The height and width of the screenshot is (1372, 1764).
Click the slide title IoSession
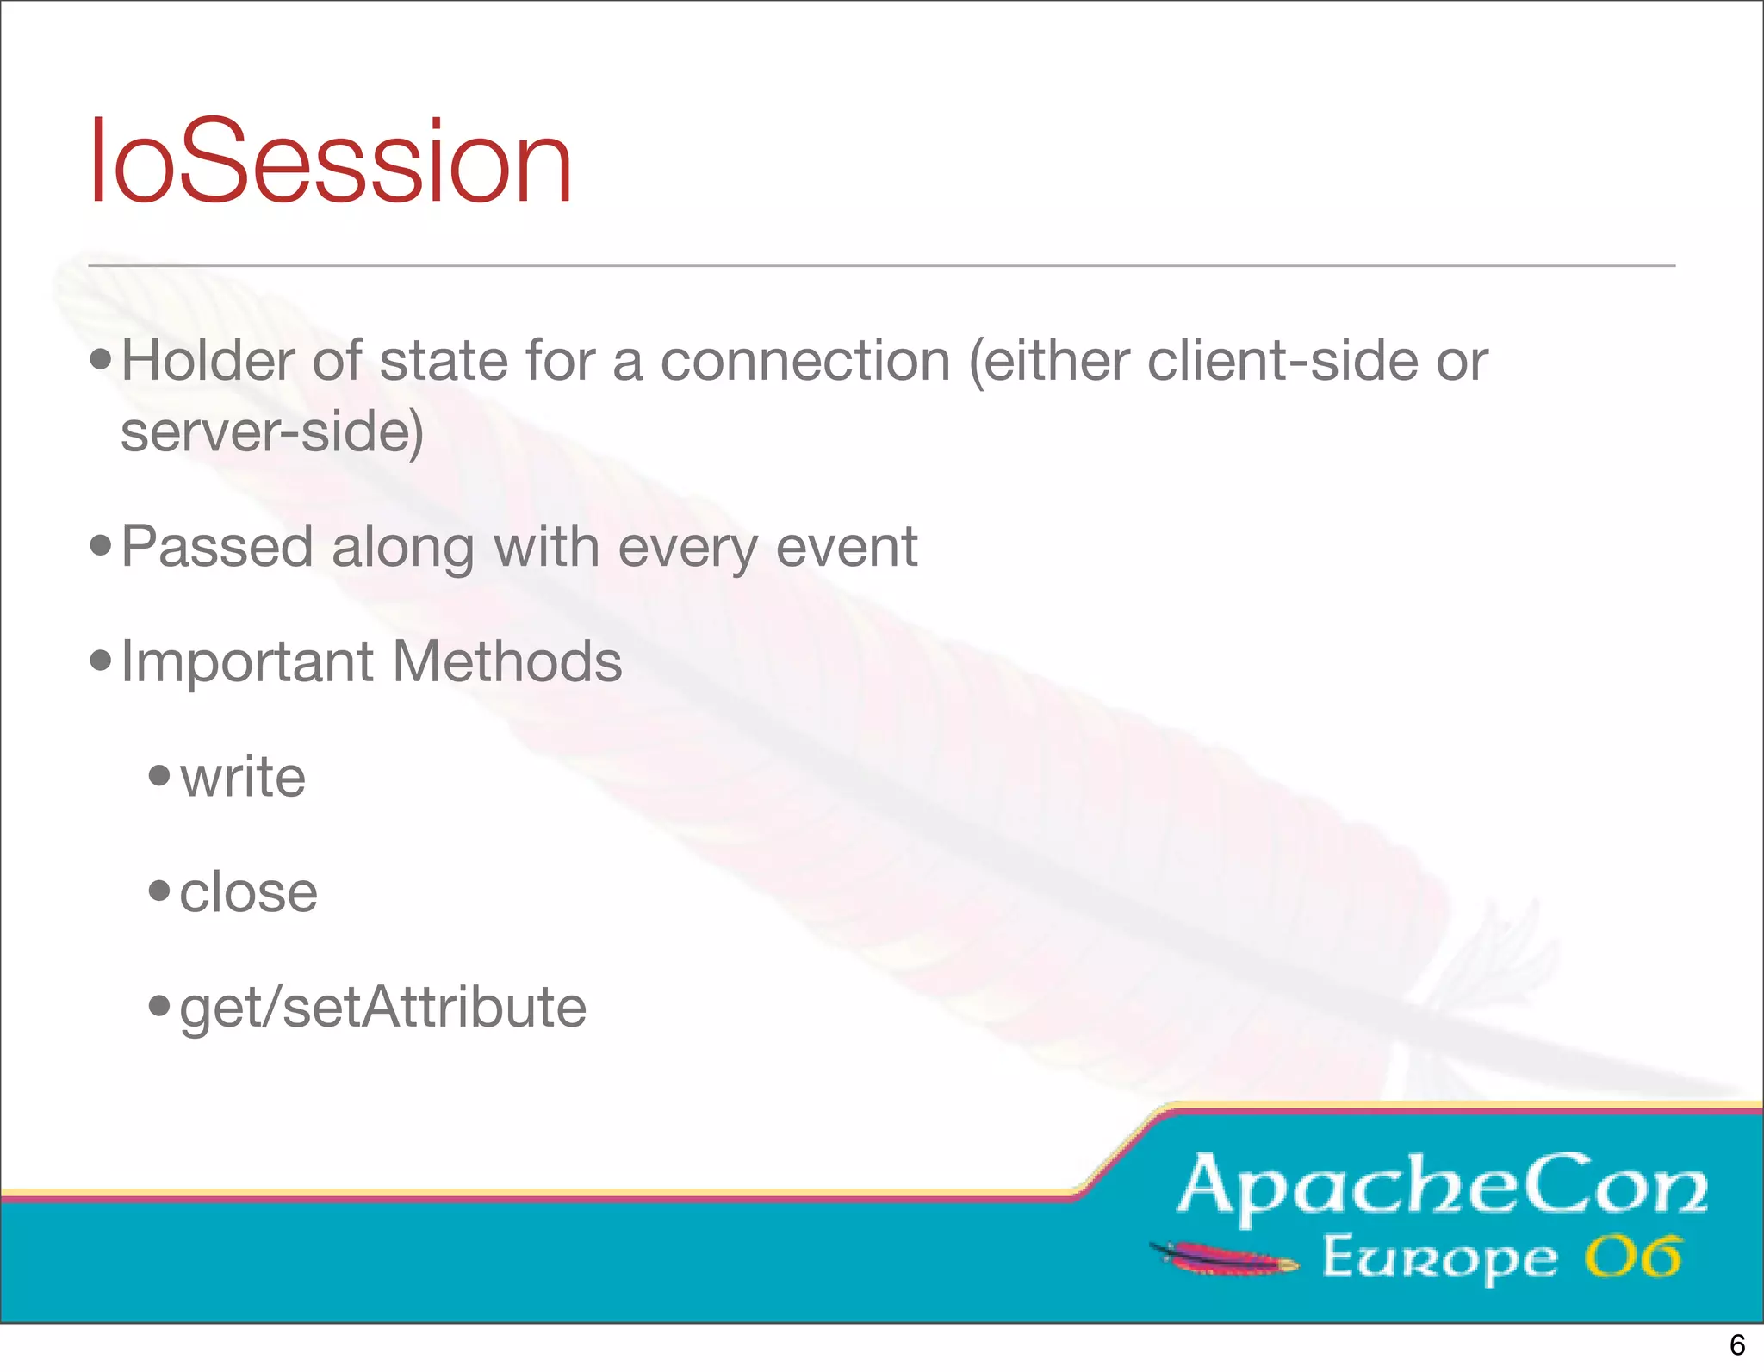pos(331,162)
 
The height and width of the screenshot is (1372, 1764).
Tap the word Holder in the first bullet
pos(207,360)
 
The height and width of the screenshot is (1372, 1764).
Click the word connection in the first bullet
pos(805,360)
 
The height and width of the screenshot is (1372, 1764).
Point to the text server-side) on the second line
pos(272,431)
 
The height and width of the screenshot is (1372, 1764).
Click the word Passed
pos(217,547)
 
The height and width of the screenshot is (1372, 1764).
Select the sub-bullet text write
pos(243,777)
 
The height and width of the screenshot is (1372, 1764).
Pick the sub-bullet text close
pos(248,892)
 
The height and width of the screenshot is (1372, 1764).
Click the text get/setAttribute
pos(382,1008)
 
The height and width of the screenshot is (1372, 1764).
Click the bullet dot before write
pos(159,775)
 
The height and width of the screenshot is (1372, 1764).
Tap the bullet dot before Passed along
pos(101,544)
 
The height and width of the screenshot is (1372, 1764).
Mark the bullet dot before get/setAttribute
pos(159,1004)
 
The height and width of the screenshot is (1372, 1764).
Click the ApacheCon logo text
pos(1442,1187)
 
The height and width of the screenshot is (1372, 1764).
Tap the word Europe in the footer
pos(1439,1258)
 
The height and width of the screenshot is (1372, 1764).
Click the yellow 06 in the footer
pos(1632,1257)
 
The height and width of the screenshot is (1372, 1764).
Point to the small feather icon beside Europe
pos(1224,1258)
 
